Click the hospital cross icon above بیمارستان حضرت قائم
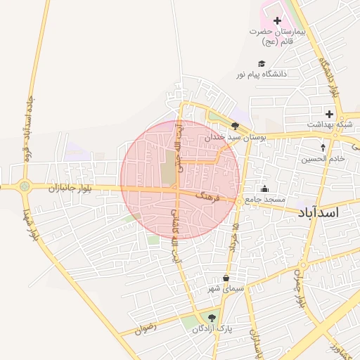(x=276, y=21)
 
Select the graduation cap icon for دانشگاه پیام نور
(x=262, y=64)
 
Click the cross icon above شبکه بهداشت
(x=328, y=114)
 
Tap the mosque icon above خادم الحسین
(x=323, y=148)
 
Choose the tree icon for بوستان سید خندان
(x=235, y=127)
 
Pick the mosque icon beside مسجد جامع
(x=264, y=188)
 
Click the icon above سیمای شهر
(x=226, y=278)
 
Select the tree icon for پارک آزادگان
(x=212, y=317)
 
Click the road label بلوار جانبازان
(x=70, y=188)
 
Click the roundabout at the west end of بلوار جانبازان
(x=25, y=186)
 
